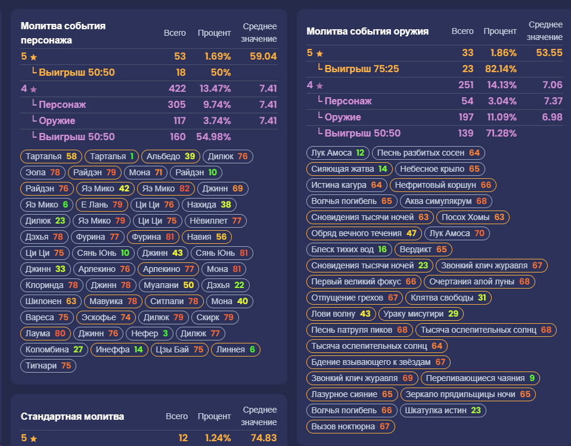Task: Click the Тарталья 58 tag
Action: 51,156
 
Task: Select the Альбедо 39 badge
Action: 170,156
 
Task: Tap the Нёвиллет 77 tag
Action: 216,221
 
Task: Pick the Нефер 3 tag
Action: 149,333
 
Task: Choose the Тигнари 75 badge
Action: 48,366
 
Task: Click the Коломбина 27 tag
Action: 54,349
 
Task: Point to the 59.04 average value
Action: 263,57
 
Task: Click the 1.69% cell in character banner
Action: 218,57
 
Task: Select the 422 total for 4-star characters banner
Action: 178,88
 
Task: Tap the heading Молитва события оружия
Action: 367,32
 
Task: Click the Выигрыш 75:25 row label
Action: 362,69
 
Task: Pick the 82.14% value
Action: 501,69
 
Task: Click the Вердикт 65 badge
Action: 423,249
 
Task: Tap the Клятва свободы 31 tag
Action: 448,298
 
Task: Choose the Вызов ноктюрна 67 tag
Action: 350,426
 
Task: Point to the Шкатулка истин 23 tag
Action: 443,410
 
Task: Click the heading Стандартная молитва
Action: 73,416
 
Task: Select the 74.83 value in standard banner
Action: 263,438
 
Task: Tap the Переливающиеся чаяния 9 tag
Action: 480,378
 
